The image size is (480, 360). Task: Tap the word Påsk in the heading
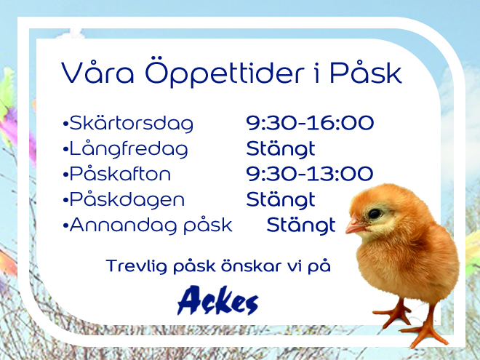pyautogui.click(x=366, y=72)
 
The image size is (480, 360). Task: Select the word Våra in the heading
pyautogui.click(x=97, y=72)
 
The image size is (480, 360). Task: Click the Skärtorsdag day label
pyautogui.click(x=132, y=124)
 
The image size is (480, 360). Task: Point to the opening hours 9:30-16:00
pyautogui.click(x=310, y=123)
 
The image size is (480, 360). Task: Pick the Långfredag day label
pyautogui.click(x=129, y=149)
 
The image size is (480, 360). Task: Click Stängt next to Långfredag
pyautogui.click(x=281, y=149)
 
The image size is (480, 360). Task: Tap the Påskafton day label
pyautogui.click(x=120, y=174)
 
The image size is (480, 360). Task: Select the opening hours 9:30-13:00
pyautogui.click(x=310, y=174)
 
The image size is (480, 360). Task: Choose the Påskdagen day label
pyautogui.click(x=127, y=200)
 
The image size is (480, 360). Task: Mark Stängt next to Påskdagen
pyautogui.click(x=281, y=200)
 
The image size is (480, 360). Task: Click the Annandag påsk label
pyautogui.click(x=151, y=226)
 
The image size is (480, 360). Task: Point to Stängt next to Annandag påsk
pyautogui.click(x=301, y=226)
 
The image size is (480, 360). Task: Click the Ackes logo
pyautogui.click(x=218, y=300)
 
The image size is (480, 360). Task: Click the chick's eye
pyautogui.click(x=374, y=213)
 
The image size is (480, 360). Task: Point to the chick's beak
pyautogui.click(x=355, y=227)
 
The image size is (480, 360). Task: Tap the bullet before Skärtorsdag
pyautogui.click(x=65, y=124)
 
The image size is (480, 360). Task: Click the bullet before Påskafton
pyautogui.click(x=65, y=175)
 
